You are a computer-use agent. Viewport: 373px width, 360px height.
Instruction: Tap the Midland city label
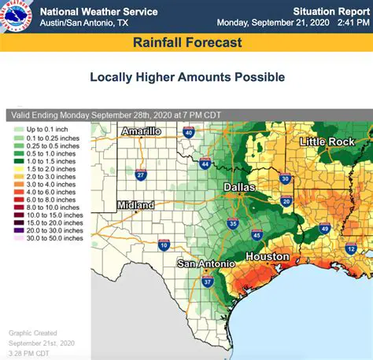point(135,205)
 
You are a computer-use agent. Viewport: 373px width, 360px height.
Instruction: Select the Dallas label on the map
point(239,187)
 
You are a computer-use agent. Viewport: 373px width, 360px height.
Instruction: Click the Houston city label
point(267,257)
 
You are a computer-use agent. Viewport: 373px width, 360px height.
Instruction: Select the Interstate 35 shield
point(232,224)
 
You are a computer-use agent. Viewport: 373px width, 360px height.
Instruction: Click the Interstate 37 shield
point(208,281)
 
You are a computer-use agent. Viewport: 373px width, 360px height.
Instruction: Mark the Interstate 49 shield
point(324,229)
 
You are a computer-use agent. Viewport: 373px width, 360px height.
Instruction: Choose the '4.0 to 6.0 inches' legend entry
point(49,191)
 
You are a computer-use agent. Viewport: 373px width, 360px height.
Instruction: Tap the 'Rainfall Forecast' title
point(186,42)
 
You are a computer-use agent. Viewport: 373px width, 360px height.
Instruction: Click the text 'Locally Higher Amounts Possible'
point(186,77)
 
